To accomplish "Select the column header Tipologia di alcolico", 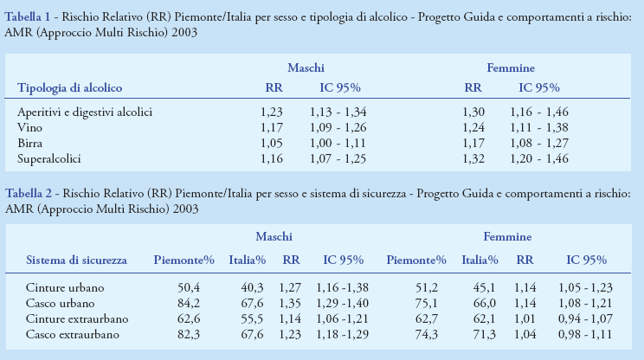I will [70, 87].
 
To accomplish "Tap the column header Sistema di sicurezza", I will [77, 260].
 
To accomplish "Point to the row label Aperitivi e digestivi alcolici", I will [85, 112].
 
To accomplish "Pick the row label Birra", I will [30, 143].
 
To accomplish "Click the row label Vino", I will [29, 127].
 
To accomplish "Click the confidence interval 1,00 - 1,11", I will [338, 143].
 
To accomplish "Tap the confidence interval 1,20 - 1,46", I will [538, 159].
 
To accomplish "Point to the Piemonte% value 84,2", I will [189, 303].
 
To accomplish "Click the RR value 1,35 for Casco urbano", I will [290, 303].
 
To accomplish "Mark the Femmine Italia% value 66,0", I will [482, 303].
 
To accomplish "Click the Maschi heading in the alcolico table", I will [306, 67].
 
